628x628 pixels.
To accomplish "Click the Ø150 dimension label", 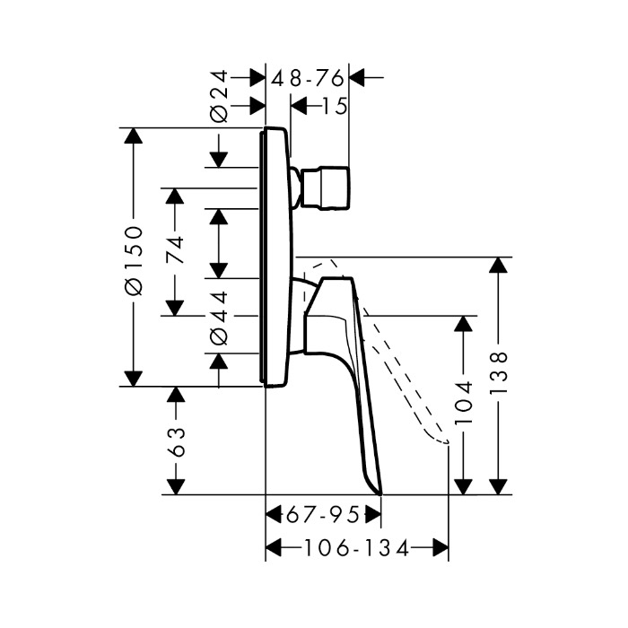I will [x=133, y=258].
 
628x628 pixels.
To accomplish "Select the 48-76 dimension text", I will [x=309, y=78].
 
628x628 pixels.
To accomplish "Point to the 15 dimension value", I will [x=332, y=107].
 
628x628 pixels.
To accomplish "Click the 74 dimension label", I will [x=175, y=247].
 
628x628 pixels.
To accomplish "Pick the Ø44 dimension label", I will [x=218, y=318].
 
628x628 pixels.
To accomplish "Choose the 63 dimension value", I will [x=176, y=441].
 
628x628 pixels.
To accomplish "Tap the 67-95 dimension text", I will [x=323, y=515].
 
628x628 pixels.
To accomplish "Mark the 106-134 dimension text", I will [x=356, y=547].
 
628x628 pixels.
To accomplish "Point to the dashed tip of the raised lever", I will [x=442, y=440].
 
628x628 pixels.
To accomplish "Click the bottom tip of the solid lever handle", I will [x=379, y=492].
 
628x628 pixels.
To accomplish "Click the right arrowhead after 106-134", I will [x=440, y=547].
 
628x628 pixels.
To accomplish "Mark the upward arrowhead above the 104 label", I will [x=463, y=325].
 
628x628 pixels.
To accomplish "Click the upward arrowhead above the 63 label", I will [x=176, y=396].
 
